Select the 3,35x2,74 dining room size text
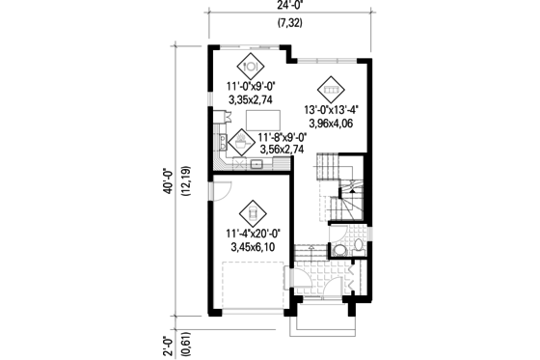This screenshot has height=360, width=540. (250, 98)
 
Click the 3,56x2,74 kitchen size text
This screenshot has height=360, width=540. (282, 151)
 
